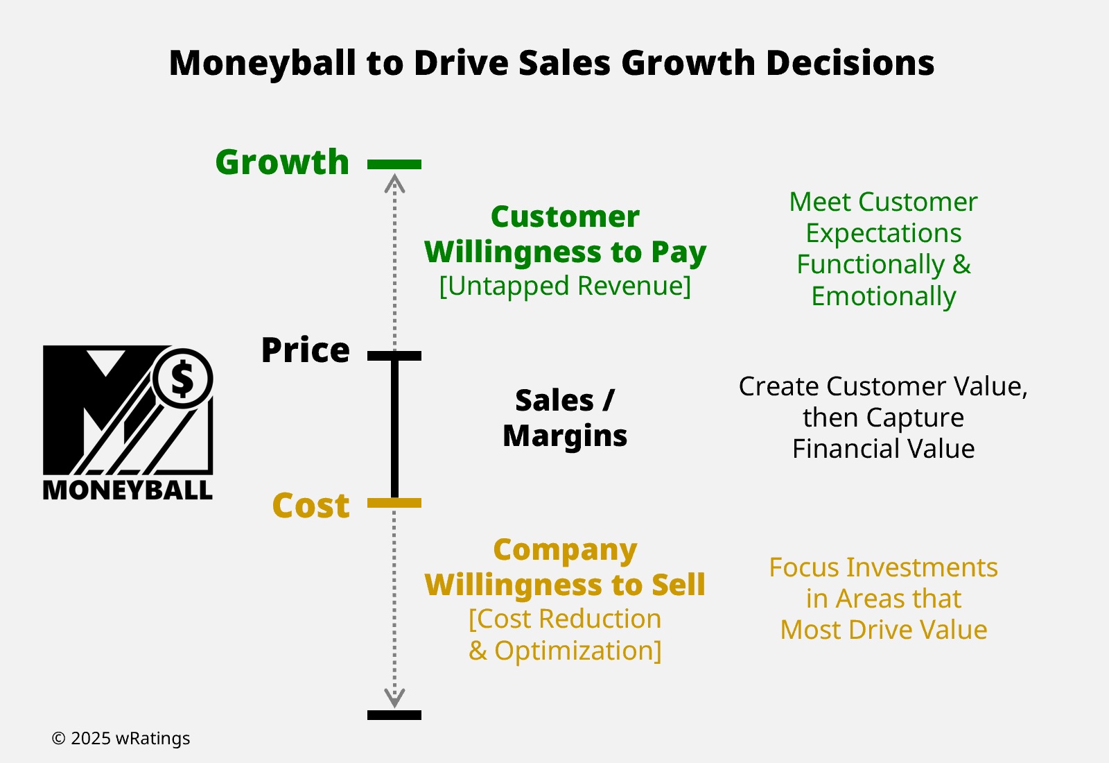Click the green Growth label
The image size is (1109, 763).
click(282, 162)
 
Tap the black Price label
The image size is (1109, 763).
click(306, 350)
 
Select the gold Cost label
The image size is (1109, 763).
click(311, 506)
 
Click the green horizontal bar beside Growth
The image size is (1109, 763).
click(394, 164)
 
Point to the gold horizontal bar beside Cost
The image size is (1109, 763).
click(394, 503)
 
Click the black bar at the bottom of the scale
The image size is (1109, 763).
click(394, 715)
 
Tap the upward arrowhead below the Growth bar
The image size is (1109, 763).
click(394, 183)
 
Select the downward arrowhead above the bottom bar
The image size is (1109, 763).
click(394, 698)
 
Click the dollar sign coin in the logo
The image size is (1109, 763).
click(183, 379)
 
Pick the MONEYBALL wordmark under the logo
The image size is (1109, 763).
click(128, 490)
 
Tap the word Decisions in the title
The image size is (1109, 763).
click(850, 63)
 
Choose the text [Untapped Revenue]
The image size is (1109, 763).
click(565, 286)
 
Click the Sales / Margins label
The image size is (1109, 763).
click(565, 418)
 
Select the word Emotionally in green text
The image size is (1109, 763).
click(883, 296)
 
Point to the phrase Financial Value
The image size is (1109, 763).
click(883, 449)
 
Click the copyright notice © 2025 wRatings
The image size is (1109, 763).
click(121, 738)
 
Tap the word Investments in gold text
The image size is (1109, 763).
click(922, 567)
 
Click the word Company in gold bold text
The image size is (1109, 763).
click(565, 551)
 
